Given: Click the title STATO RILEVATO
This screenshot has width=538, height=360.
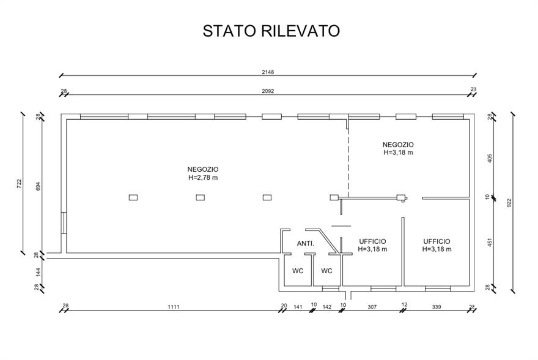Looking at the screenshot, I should (x=271, y=31).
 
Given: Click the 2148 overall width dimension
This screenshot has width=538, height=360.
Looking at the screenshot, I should (x=268, y=72).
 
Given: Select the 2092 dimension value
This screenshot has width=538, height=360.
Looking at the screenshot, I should (x=268, y=90).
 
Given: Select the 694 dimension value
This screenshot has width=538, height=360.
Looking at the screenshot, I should (x=37, y=186).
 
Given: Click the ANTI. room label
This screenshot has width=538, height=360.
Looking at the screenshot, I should (x=306, y=243).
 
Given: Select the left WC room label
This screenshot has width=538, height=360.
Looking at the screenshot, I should (x=298, y=271).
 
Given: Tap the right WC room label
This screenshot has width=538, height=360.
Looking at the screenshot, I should (x=327, y=271).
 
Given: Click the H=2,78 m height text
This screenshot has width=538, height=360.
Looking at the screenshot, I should (x=204, y=177).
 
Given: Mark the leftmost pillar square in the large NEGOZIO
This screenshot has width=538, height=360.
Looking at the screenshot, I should (x=133, y=197).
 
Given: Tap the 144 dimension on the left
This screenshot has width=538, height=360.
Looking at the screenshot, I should (x=37, y=271).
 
